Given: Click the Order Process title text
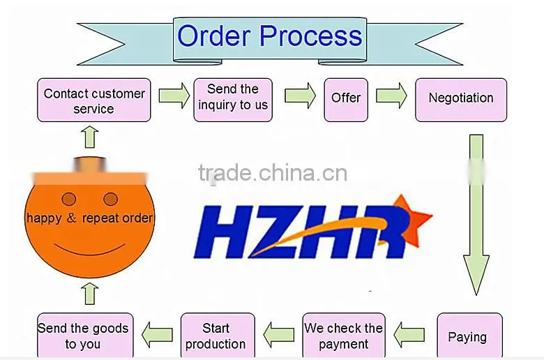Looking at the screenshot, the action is click(270, 36).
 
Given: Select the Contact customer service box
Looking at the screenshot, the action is click(94, 100).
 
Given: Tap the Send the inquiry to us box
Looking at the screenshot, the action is click(233, 100).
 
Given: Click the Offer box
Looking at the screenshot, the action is click(346, 100).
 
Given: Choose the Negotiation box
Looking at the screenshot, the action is click(461, 100).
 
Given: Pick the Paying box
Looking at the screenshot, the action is click(470, 336).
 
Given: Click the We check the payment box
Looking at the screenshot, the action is click(344, 336).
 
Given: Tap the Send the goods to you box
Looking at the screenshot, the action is click(85, 336).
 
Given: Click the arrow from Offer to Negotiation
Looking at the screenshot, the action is click(391, 96).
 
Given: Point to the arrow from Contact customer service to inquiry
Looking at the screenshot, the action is click(174, 96).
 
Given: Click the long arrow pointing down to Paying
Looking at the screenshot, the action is click(476, 216).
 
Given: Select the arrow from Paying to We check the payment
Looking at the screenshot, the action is click(409, 335).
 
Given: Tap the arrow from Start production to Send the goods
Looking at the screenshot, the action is click(157, 335).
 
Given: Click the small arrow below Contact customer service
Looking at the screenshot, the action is click(90, 137).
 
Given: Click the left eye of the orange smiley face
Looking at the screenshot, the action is click(68, 200).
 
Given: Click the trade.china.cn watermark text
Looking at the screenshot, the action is click(273, 173).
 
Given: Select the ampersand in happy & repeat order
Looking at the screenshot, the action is click(71, 218).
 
